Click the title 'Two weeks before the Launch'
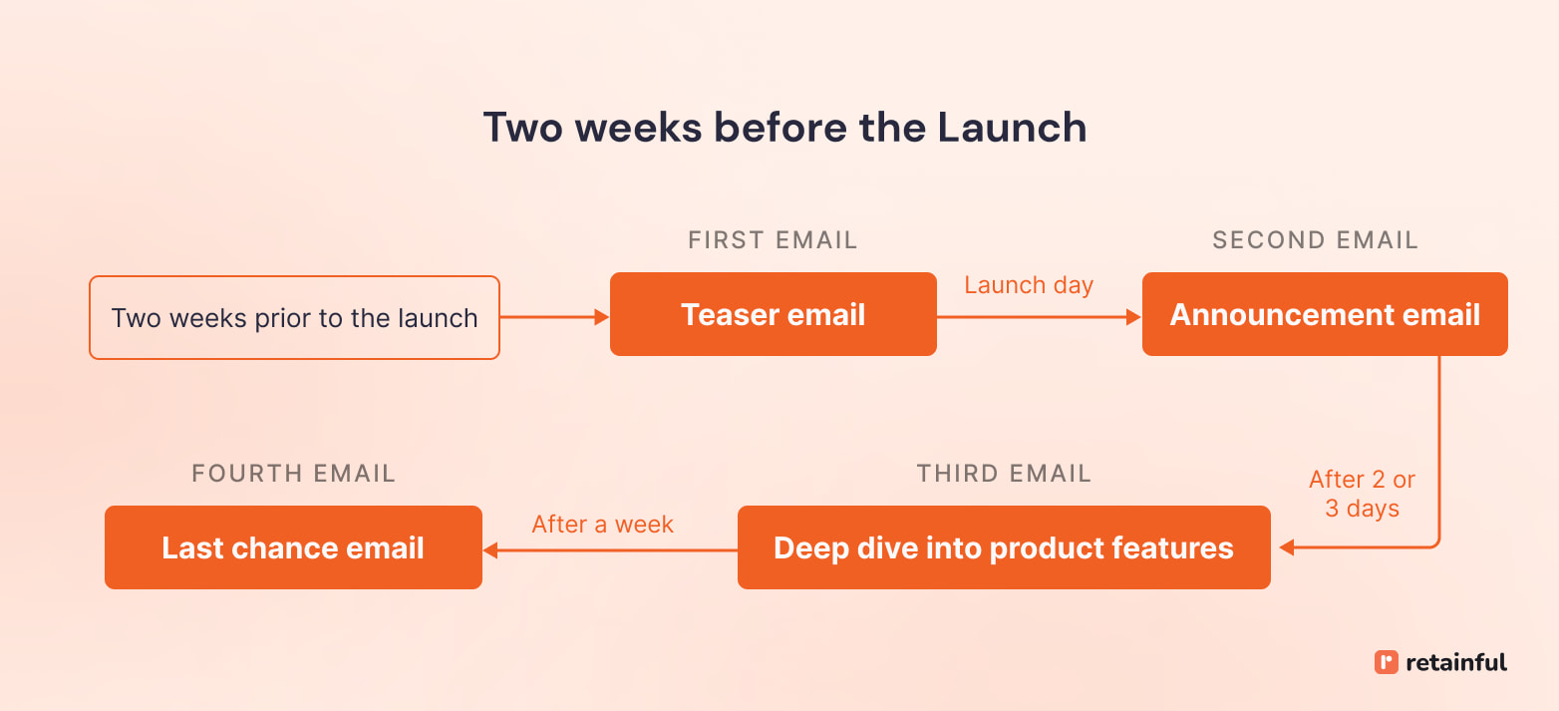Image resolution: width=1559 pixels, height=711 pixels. tap(784, 129)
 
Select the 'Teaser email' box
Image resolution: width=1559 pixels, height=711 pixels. tap(773, 315)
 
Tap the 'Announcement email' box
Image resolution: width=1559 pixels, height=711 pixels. tap(1324, 315)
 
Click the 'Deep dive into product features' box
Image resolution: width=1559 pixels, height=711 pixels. tap(1003, 548)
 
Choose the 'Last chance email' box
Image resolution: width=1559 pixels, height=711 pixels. tap(293, 548)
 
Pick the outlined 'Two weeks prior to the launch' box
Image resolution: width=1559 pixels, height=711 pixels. tap(294, 318)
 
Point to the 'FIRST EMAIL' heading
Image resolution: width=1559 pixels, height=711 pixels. tap(773, 240)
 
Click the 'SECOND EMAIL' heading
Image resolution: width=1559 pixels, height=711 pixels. tap(1315, 240)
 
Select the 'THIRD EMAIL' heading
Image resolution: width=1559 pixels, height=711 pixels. tap(1004, 474)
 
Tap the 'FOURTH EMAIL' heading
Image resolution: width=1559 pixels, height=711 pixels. tap(293, 474)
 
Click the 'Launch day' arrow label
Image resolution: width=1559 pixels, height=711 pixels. tap(1029, 285)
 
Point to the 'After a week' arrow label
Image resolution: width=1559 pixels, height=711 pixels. tap(602, 525)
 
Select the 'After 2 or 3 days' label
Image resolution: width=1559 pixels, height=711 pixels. tap(1362, 494)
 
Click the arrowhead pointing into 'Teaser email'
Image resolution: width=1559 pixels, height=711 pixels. tap(602, 317)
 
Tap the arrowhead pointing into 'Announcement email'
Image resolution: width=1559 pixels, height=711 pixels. tap(1133, 317)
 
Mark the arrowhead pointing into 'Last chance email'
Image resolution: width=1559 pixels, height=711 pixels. tap(490, 549)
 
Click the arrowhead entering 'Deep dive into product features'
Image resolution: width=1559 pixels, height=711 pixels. tap(1286, 547)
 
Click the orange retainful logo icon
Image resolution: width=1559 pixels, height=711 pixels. tap(1386, 662)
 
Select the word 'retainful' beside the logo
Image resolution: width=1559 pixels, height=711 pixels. tap(1456, 662)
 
